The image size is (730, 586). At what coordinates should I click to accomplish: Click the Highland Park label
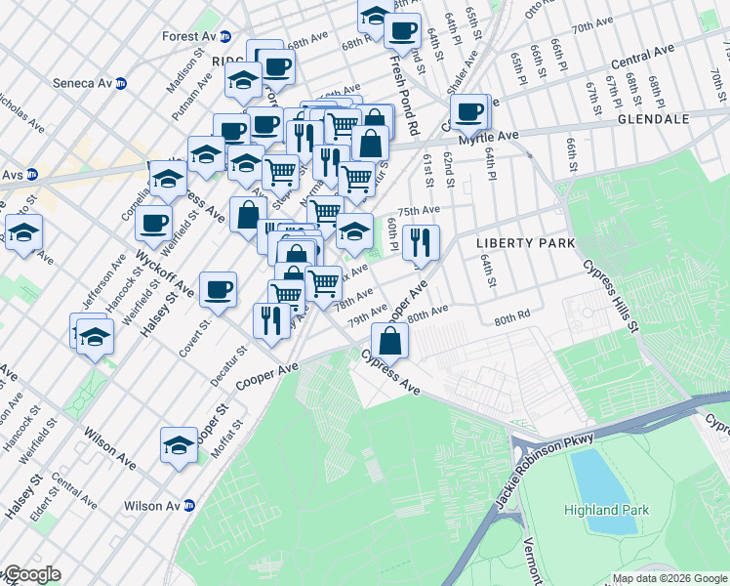pos(604,510)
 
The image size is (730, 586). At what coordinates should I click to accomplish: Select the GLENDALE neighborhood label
pos(653,119)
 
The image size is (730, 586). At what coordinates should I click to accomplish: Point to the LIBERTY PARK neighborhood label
pos(524,242)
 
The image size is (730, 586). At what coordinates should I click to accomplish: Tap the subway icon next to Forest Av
pos(225,36)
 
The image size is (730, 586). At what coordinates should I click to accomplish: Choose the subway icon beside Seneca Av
pos(121,83)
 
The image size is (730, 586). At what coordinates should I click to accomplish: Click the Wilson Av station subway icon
pos(189,506)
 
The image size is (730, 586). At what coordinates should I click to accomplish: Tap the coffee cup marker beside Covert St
pos(218,289)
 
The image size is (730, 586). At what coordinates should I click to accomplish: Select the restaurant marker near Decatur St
pos(271,319)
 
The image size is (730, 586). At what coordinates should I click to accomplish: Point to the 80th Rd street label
pos(510,319)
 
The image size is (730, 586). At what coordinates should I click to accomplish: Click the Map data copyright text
pos(669,578)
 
